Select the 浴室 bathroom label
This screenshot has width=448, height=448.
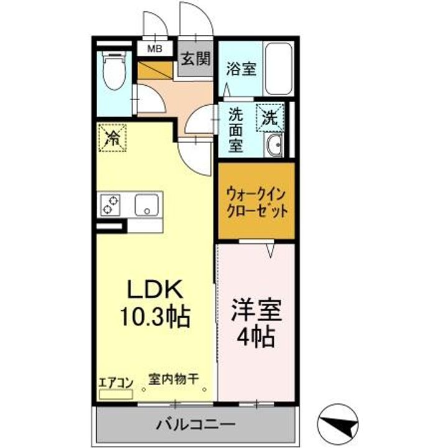pyautogui.click(x=241, y=68)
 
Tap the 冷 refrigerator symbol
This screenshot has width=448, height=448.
pyautogui.click(x=113, y=138)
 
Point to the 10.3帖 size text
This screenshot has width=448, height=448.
pyautogui.click(x=156, y=318)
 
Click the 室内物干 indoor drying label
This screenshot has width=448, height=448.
pyautogui.click(x=172, y=377)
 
